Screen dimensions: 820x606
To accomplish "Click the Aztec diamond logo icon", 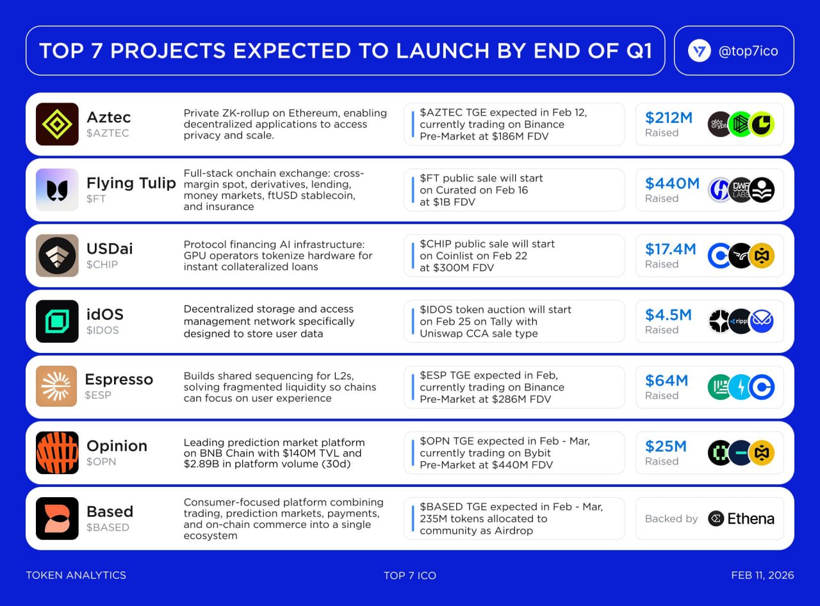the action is tap(57, 124).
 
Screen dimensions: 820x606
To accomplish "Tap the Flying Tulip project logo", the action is tap(57, 190).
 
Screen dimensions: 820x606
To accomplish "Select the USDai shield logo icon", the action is tap(57, 256).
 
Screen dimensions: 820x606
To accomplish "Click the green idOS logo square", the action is tap(57, 322).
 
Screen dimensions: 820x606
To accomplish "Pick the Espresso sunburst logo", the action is tap(56, 386).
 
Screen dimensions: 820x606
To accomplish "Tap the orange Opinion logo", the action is tap(57, 452).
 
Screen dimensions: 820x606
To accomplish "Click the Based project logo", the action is tap(57, 518).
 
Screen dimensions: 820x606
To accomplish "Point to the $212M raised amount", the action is tap(668, 118).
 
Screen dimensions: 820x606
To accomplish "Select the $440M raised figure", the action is tap(672, 183).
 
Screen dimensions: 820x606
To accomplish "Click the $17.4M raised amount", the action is tap(670, 249).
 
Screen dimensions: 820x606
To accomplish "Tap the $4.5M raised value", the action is tap(668, 315).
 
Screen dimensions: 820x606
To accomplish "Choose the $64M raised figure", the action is tap(666, 381).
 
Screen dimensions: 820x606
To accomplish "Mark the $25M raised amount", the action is tap(666, 446).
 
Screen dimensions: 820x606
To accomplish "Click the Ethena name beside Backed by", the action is tap(751, 519).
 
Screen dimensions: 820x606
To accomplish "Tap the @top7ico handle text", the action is tap(748, 51).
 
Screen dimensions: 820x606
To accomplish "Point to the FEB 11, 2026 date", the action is tap(762, 575).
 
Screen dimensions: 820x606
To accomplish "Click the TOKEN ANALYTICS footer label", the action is tap(76, 575).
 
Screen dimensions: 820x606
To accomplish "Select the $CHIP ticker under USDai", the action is tap(102, 265).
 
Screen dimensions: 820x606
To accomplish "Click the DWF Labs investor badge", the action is tap(741, 190).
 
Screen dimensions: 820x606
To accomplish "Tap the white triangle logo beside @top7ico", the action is tap(699, 51).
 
